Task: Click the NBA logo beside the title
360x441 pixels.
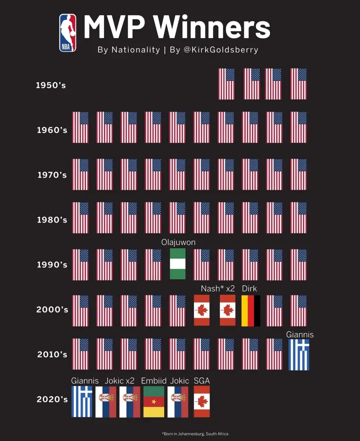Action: click(67, 33)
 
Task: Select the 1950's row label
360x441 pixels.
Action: click(51, 85)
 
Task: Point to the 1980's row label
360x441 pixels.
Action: click(52, 220)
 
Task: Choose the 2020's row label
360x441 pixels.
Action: click(52, 399)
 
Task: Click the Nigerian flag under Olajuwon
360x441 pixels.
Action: click(177, 264)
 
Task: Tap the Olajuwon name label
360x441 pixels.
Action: click(178, 243)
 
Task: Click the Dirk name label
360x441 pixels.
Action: click(249, 289)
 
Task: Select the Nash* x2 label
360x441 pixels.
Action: click(218, 289)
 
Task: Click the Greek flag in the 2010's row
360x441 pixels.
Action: click(299, 355)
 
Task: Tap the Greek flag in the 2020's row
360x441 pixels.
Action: click(81, 401)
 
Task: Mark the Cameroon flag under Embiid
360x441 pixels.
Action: click(153, 401)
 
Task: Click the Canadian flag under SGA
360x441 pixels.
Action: click(202, 401)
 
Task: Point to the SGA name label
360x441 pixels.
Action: click(202, 381)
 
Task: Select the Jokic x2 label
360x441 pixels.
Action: click(120, 381)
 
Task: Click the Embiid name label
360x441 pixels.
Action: click(154, 381)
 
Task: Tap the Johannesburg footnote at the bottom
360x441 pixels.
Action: click(195, 434)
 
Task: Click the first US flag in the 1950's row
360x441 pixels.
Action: click(226, 84)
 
